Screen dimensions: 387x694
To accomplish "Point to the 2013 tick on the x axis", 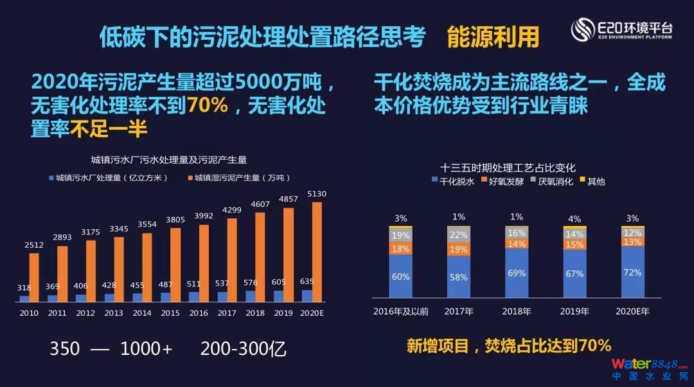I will click(114, 313).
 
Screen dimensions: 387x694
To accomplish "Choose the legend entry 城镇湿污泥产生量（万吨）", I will click(238, 178).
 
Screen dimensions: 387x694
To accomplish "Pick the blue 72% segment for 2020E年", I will click(633, 272).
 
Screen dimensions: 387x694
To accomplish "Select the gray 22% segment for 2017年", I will click(458, 236).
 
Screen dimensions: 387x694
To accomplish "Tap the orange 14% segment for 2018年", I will click(517, 244).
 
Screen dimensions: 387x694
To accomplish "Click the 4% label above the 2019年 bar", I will click(574, 219).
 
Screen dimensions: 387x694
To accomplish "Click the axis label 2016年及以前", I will click(400, 312).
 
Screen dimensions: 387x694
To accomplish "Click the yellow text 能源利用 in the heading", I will click(493, 38).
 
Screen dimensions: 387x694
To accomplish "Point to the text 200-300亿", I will click(243, 348).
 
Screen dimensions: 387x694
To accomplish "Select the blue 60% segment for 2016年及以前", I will click(400, 277).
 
